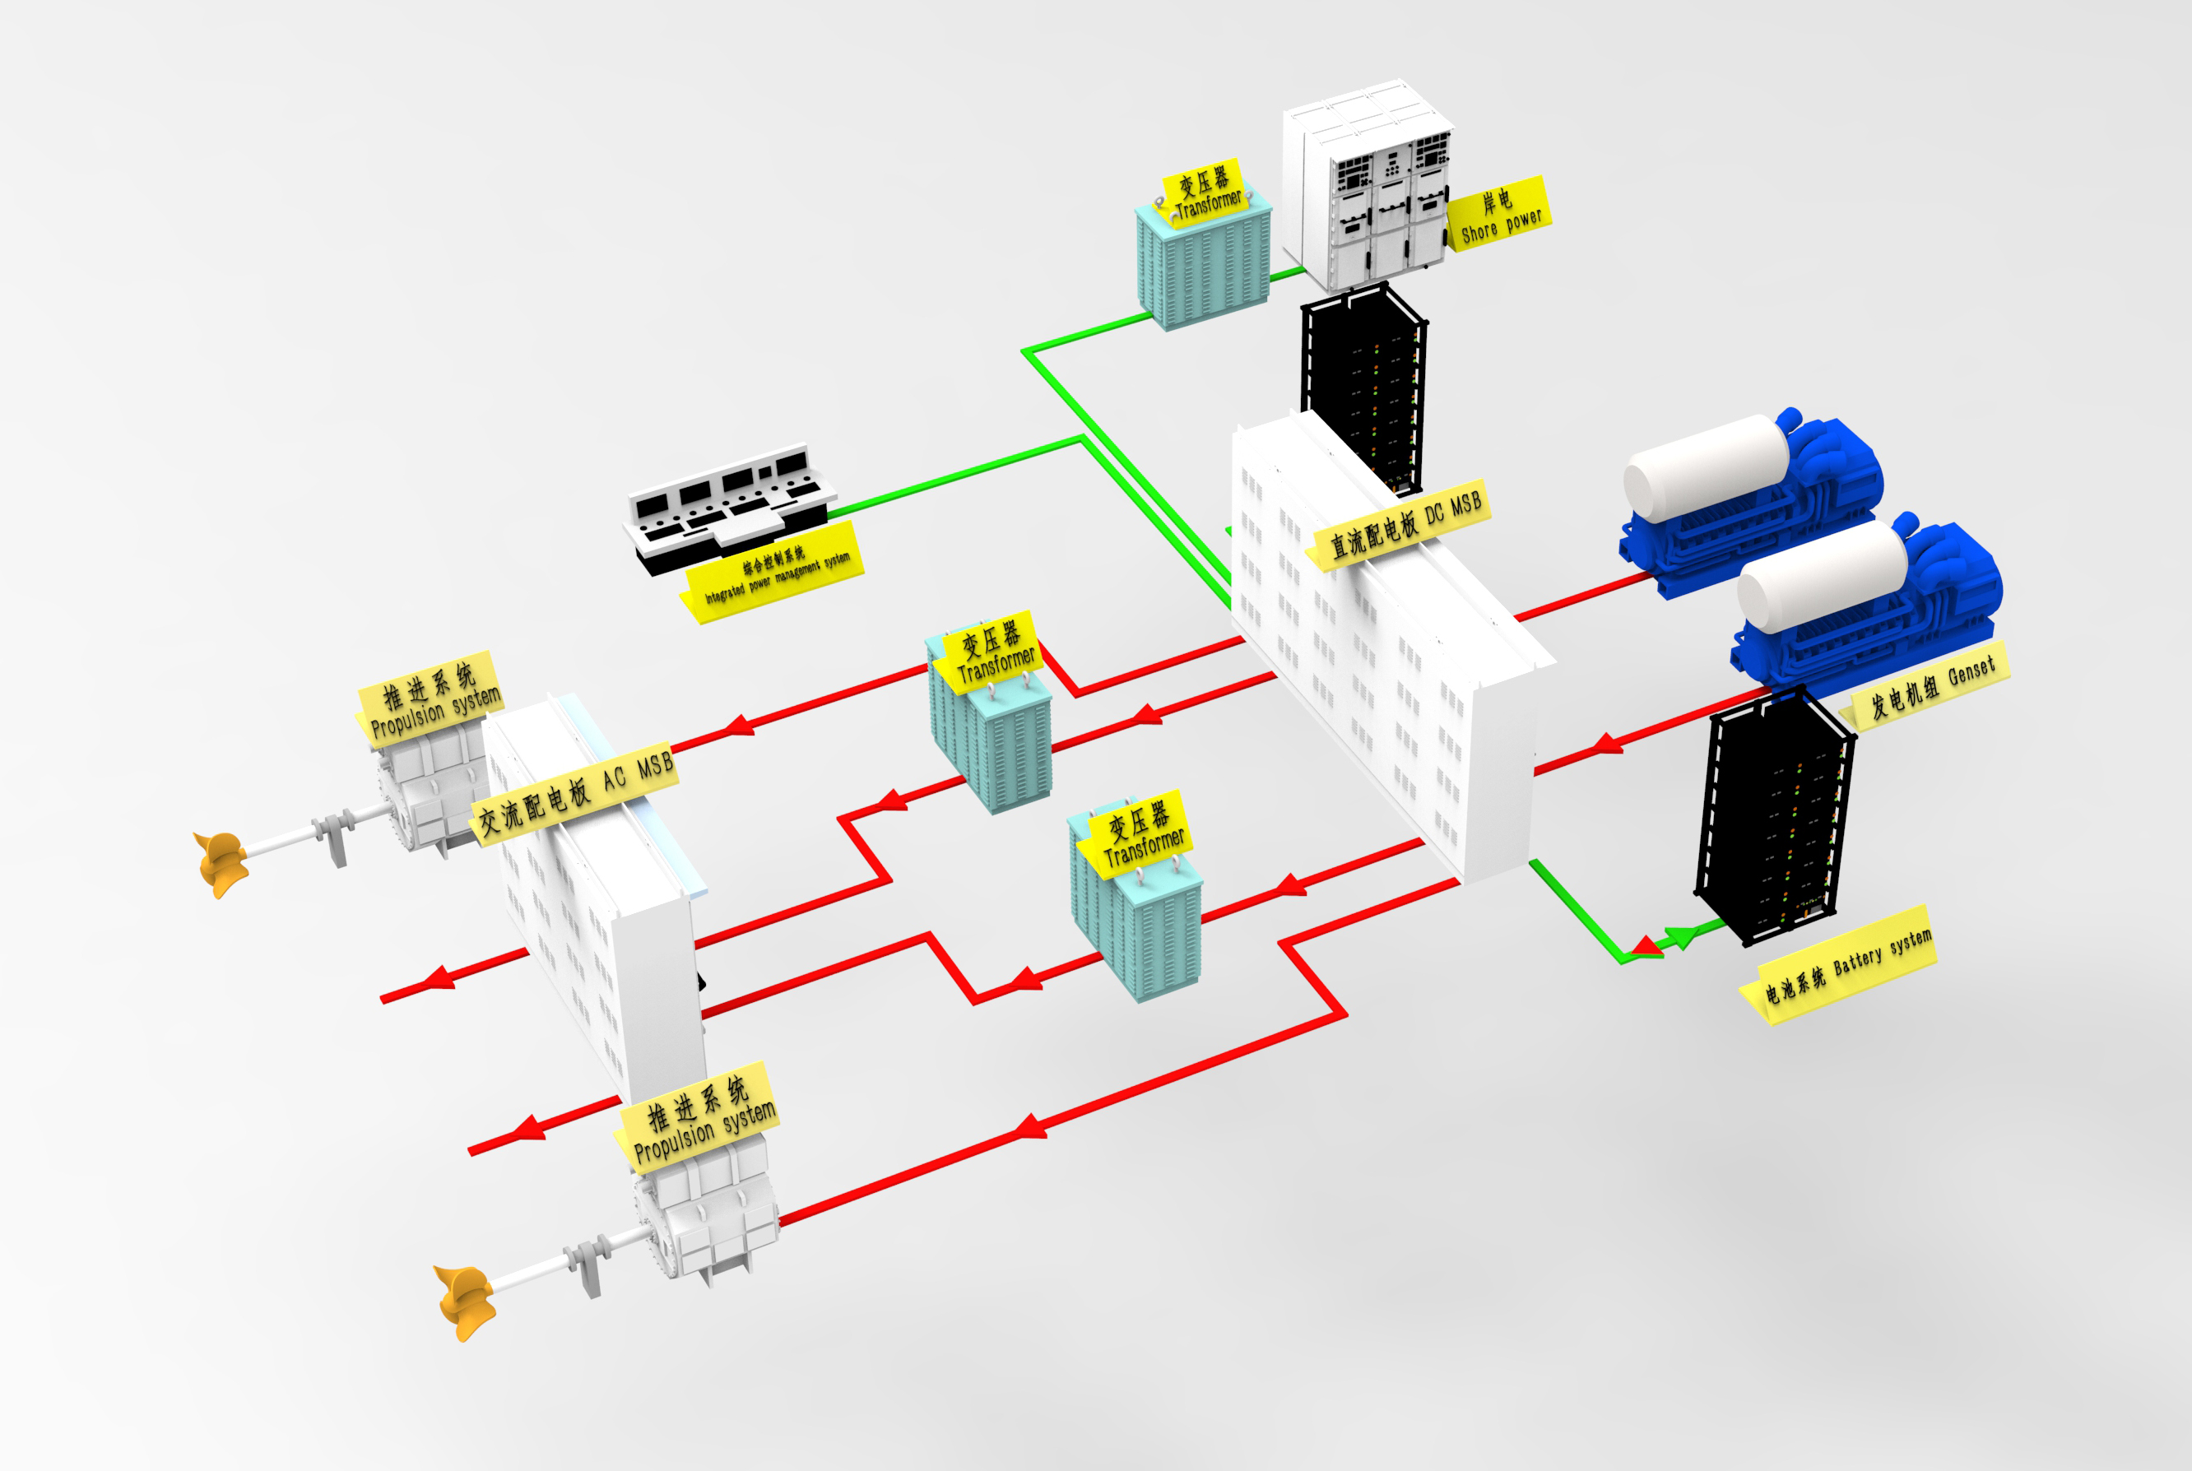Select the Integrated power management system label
pyautogui.click(x=776, y=573)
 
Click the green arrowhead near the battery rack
pyautogui.click(x=1683, y=935)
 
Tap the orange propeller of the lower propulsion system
pyautogui.click(x=466, y=1298)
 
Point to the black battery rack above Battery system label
pyautogui.click(x=1773, y=816)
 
